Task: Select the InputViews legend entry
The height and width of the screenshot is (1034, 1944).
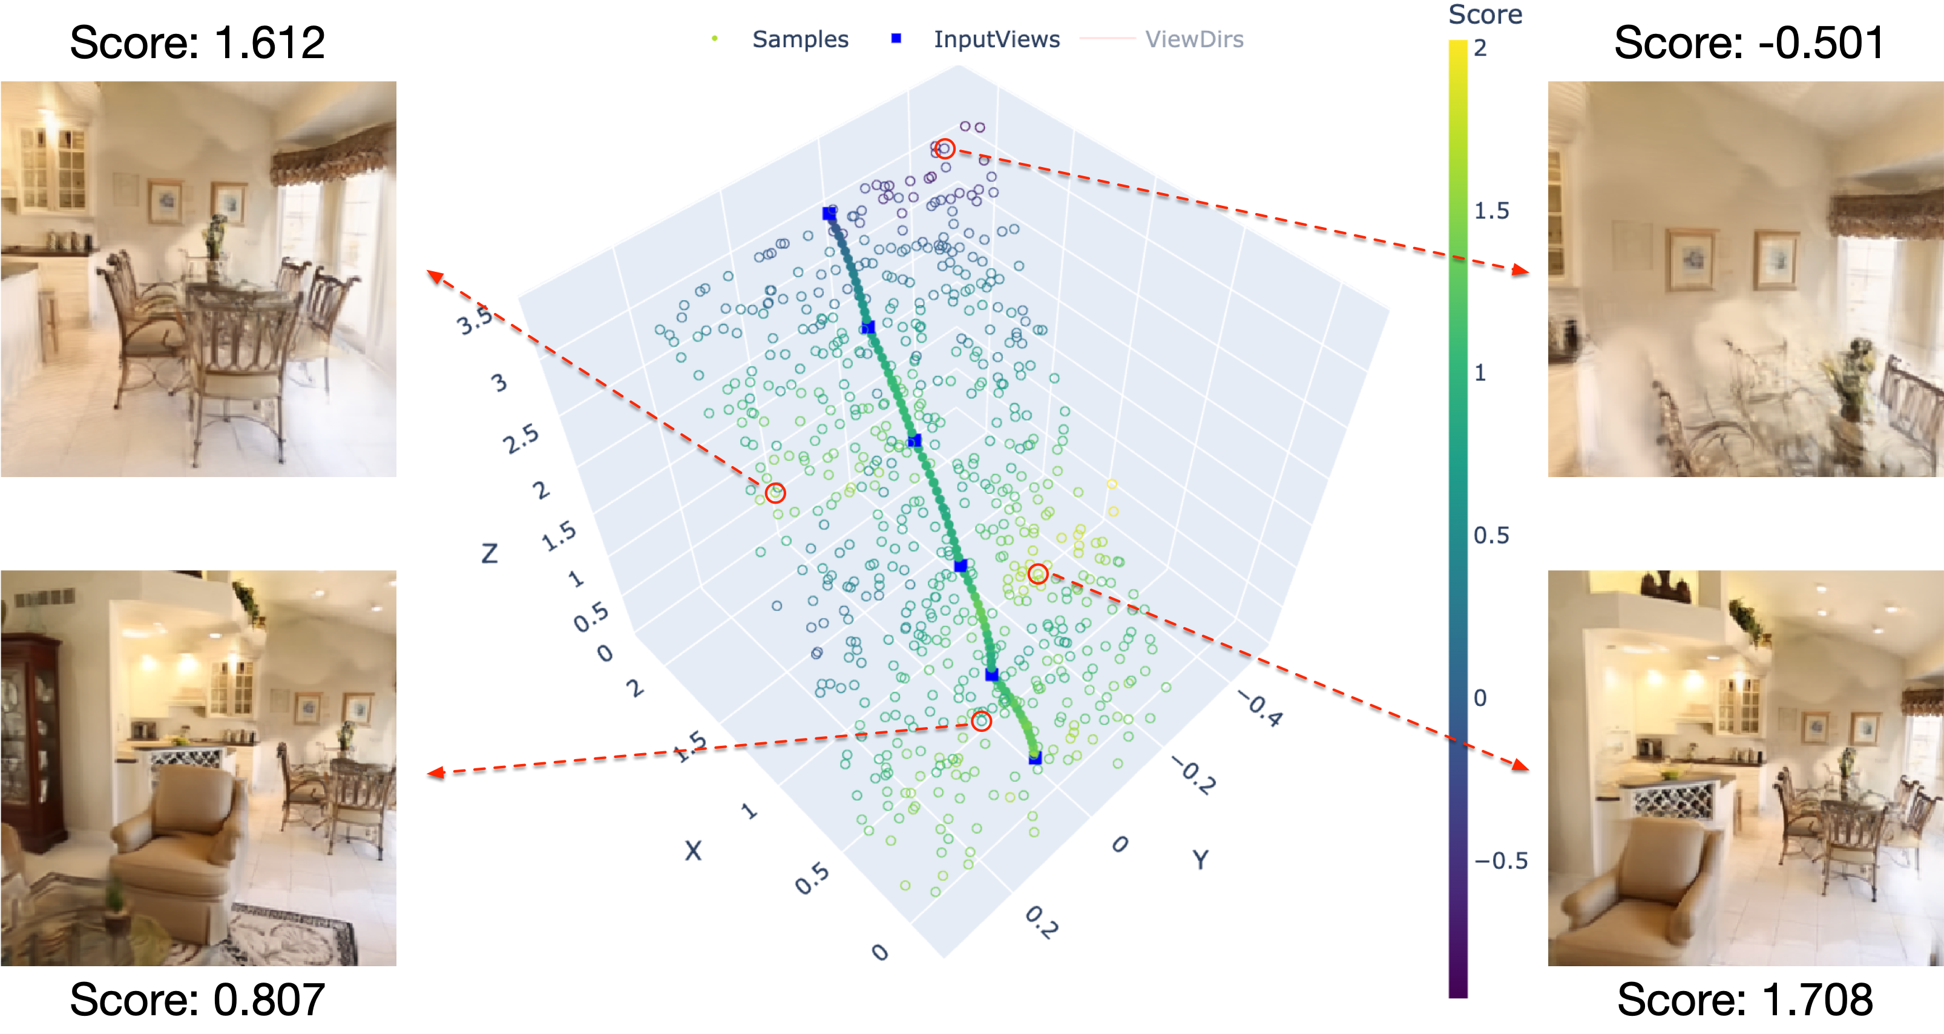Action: pos(996,39)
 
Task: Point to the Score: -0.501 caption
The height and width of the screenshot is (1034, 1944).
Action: pos(1748,42)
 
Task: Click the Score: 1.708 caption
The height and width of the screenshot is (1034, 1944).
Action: pos(1744,999)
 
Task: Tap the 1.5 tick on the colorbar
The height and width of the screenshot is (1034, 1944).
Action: pos(1491,211)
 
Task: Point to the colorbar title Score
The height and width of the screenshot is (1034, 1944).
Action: pos(1485,15)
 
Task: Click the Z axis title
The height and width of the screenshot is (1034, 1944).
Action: pos(490,554)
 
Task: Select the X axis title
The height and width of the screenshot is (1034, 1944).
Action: pos(693,851)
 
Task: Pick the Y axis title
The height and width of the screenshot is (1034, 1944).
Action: pos(1200,859)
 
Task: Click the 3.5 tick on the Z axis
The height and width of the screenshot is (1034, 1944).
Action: pos(474,321)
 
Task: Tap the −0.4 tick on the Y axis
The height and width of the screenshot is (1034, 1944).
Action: pos(1259,710)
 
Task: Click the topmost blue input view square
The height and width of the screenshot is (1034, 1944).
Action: pos(829,214)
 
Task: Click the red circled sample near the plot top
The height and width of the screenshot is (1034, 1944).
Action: pos(945,150)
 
